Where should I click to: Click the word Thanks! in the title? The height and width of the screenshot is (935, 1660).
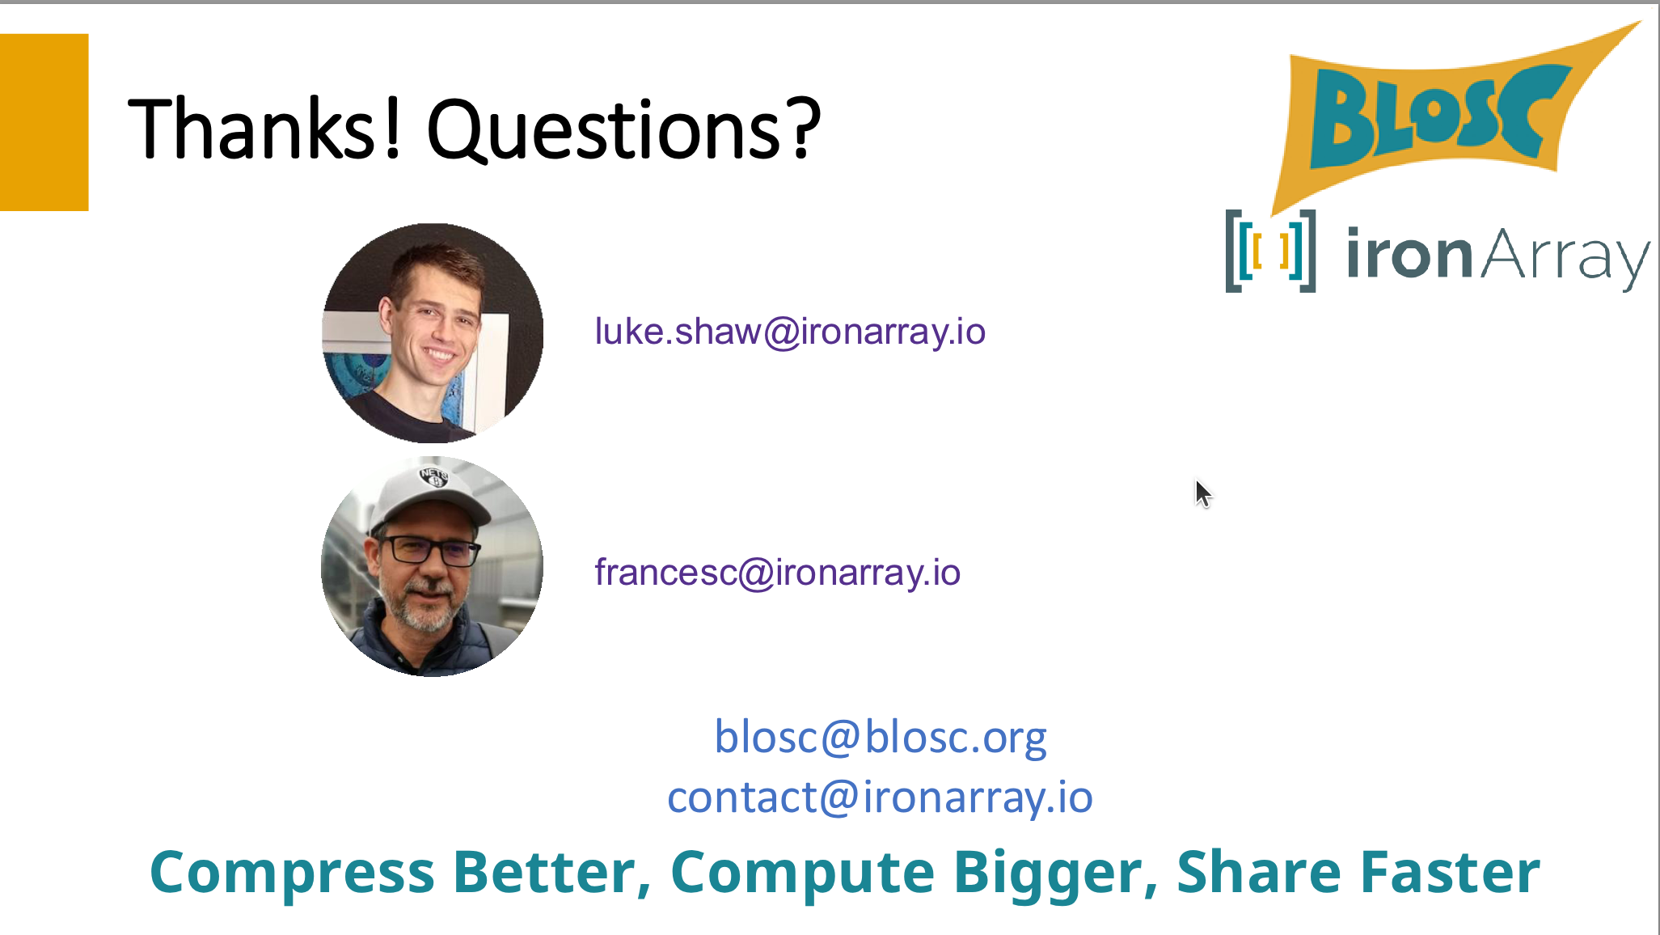click(x=265, y=128)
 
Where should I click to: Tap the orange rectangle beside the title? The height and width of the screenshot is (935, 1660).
click(x=44, y=122)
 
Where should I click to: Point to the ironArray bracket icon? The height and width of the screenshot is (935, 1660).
click(x=1270, y=251)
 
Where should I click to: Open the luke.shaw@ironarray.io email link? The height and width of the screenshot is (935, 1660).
click(x=790, y=332)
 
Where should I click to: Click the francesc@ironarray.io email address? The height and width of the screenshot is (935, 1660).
click(x=777, y=573)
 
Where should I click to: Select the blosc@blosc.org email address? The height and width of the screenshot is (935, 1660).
click(x=881, y=738)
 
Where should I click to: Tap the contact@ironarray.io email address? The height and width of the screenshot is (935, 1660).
click(x=880, y=797)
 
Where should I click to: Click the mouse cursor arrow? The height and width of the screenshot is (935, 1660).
click(x=1203, y=493)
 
